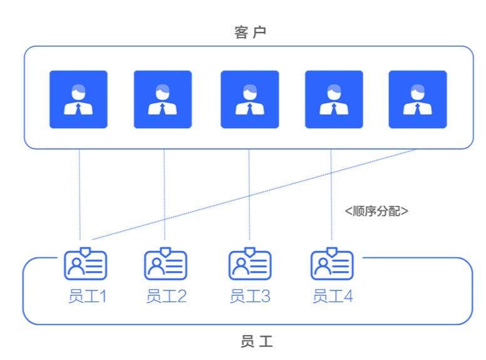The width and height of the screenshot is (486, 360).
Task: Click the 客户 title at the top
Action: [x=250, y=32]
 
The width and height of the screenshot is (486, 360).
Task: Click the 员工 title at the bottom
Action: [x=257, y=341]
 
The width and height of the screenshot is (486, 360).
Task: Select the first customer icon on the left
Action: [x=78, y=100]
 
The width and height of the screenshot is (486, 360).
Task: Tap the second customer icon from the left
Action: [x=163, y=100]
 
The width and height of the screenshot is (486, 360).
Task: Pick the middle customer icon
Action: [x=250, y=100]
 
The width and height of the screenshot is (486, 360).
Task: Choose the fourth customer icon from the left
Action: [x=334, y=100]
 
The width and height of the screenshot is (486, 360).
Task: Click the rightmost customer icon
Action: [x=418, y=100]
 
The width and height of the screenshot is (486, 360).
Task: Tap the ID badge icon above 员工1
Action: [x=86, y=264]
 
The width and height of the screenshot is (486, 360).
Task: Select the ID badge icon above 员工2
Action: [x=165, y=264]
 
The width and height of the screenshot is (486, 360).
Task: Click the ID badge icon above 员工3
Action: [x=250, y=264]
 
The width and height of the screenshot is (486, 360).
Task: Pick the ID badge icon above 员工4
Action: [x=332, y=264]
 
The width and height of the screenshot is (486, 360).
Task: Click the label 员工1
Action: [x=88, y=296]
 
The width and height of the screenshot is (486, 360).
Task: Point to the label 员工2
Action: [x=167, y=296]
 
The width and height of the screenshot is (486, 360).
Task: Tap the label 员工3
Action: [x=250, y=296]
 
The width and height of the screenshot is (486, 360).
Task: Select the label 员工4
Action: [x=333, y=296]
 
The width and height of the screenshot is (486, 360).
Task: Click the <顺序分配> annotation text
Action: [x=376, y=211]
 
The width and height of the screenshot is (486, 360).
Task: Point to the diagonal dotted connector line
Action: [x=254, y=195]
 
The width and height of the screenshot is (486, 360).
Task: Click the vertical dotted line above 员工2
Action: [x=164, y=195]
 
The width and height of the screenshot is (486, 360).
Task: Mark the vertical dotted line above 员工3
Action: [x=249, y=195]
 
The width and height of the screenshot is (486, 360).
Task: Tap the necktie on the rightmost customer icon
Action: [x=418, y=109]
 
